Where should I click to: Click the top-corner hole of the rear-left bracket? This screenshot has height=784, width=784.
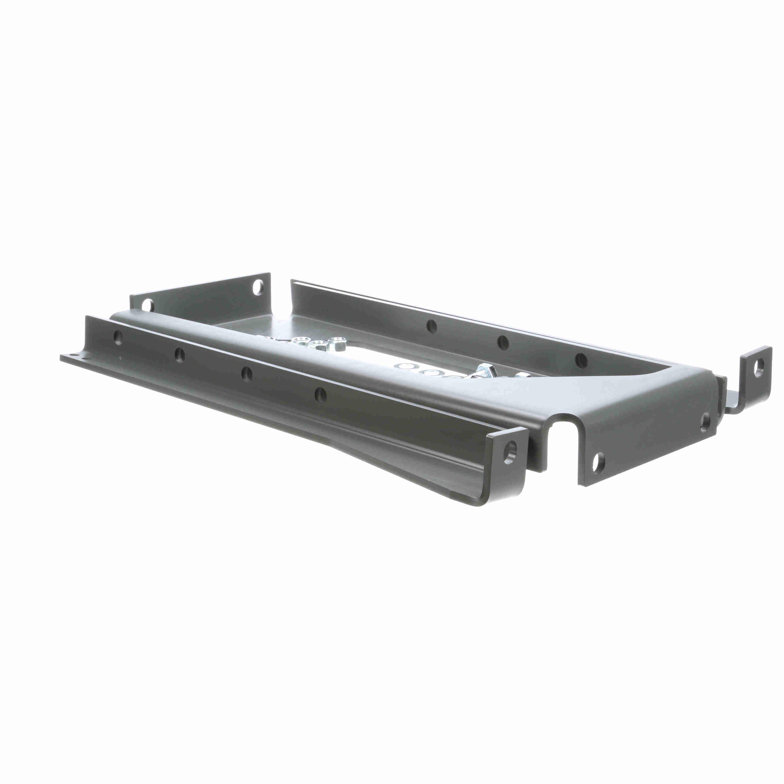tap(257, 288)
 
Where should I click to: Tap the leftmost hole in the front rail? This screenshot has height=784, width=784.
tap(118, 338)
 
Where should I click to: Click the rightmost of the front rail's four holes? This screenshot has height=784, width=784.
tap(320, 393)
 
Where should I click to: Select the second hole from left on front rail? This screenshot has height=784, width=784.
tap(179, 355)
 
